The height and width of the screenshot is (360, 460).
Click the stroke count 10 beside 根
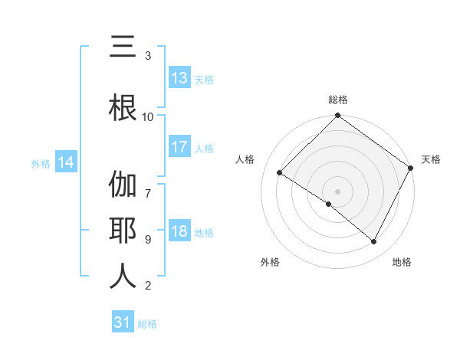(x=148, y=116)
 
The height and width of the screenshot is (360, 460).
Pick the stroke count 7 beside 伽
(x=148, y=185)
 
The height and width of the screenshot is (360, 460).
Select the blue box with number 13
(x=179, y=78)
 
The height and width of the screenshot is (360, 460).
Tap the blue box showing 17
(x=179, y=147)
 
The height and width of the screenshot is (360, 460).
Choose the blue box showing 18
(x=179, y=232)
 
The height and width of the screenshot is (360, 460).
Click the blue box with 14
(x=66, y=162)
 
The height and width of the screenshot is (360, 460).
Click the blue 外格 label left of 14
(x=41, y=163)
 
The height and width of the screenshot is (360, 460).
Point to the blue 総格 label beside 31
(x=147, y=324)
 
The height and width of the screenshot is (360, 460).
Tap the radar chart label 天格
(x=431, y=159)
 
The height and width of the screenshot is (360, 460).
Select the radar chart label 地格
(x=402, y=262)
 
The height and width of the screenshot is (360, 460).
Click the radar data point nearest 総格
(x=337, y=116)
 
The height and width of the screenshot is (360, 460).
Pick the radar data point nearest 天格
(x=411, y=168)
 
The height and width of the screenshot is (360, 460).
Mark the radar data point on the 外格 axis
(x=329, y=204)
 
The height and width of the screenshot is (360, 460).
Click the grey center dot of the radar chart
(x=337, y=191)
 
